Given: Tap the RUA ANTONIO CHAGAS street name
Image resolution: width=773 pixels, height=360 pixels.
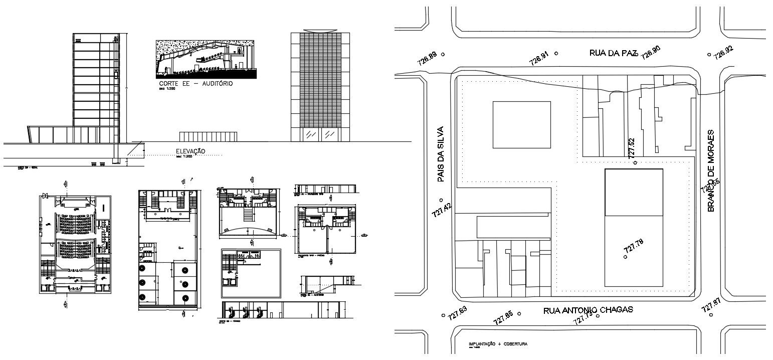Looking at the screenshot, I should pos(588,310).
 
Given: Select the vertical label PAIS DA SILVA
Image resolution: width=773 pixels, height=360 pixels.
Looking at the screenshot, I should pos(441,154).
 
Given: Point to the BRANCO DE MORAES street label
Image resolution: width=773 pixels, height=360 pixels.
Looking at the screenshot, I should pos(711,170).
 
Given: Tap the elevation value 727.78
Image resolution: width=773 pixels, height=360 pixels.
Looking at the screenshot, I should pos(633,246).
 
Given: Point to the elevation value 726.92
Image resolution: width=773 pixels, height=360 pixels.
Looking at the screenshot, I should pos(723,52).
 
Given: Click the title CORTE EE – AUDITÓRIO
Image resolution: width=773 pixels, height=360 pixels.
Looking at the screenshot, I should pos(196,84).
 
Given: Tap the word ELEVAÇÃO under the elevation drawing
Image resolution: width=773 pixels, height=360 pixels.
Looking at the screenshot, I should pos(190,151).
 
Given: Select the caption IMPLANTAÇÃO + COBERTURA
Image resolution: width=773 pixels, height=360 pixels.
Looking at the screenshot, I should pos(497,344).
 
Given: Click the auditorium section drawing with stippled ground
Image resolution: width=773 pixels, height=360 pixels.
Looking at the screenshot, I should pos(207,59).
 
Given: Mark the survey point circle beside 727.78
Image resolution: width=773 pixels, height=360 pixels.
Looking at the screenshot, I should pos(625,257).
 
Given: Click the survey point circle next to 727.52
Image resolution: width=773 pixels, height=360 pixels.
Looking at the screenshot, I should pos(635,162).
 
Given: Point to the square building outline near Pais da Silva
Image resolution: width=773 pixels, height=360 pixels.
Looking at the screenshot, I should pos(521,125).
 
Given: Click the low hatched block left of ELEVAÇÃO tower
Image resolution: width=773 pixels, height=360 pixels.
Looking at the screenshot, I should pos(208,137).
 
